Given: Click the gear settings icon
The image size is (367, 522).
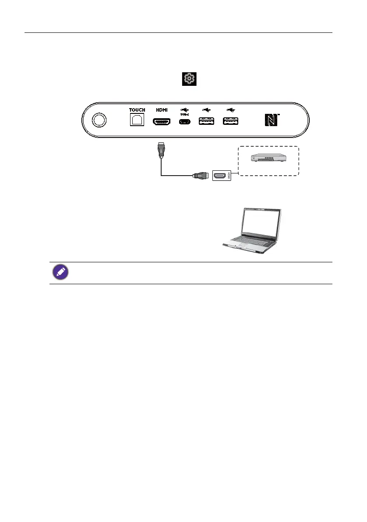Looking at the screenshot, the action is tap(189, 79).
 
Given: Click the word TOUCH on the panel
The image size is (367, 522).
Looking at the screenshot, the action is tap(137, 110).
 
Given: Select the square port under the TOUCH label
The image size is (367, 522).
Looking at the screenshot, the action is tap(137, 120).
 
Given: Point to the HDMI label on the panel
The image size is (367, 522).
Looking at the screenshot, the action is tap(162, 110).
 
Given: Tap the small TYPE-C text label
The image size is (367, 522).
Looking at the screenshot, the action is tap(184, 114).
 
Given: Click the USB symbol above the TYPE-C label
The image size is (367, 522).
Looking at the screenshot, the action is tap(184, 109).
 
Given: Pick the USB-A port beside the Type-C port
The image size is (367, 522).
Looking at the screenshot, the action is tap(207, 121).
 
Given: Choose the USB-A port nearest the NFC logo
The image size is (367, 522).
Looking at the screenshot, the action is tap(231, 121).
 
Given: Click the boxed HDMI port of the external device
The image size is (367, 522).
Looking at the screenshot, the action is tap(220, 176).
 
